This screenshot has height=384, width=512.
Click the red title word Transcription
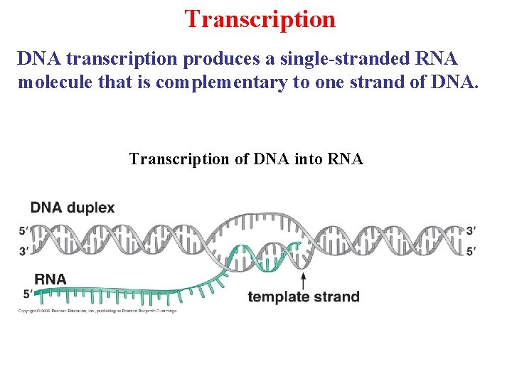(260, 19)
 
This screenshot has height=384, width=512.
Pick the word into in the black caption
(309, 159)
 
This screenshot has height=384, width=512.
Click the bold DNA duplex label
(72, 208)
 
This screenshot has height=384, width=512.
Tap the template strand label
(304, 297)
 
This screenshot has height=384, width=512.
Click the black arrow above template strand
(304, 279)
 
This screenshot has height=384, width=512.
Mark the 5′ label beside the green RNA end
(26, 293)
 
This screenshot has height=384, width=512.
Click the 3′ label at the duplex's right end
(471, 230)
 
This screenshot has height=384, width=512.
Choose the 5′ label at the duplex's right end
(471, 250)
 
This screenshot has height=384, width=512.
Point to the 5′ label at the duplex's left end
(24, 230)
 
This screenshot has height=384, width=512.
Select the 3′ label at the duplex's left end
(24, 250)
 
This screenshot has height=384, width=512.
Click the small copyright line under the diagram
(97, 311)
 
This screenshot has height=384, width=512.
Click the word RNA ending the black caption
(346, 159)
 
